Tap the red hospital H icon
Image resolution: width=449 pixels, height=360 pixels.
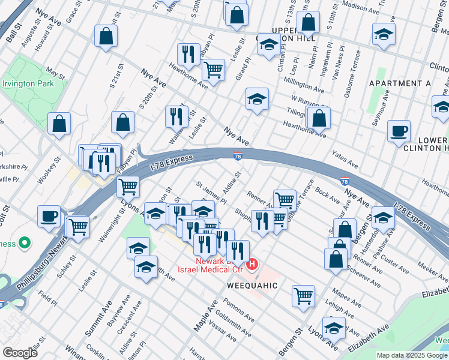pos(253,263)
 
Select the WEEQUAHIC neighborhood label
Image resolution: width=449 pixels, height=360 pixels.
pos(253,286)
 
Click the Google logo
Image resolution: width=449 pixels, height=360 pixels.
pos(20,353)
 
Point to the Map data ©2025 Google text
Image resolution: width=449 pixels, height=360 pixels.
pos(412,355)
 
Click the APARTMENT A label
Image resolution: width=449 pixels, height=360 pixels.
pos(400,83)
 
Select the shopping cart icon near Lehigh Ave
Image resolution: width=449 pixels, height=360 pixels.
pos(303,295)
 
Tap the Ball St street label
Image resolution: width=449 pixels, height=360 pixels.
pos(13,30)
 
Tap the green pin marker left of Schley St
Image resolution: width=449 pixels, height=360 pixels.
pos(24,244)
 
